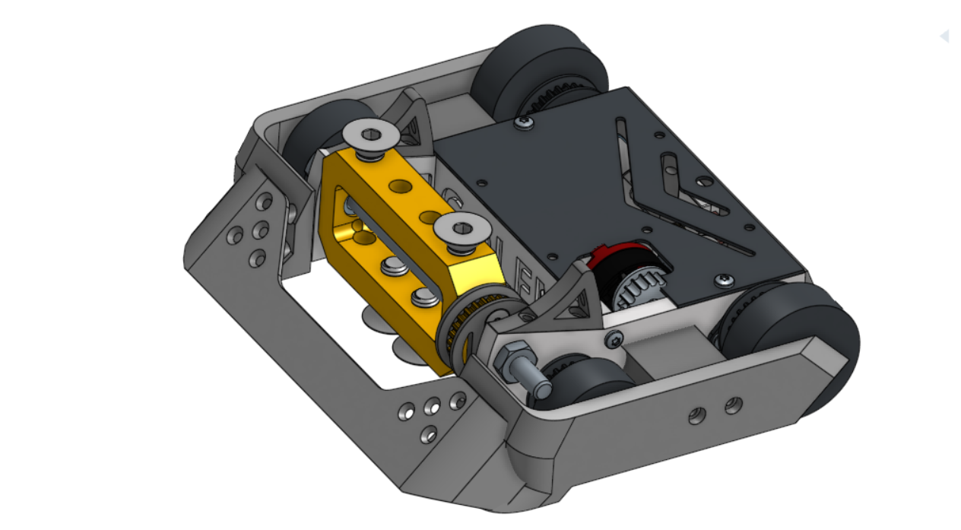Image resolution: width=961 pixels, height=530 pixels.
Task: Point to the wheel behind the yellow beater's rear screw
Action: click(x=323, y=133)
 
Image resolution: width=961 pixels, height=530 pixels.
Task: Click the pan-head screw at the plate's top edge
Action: click(x=523, y=121)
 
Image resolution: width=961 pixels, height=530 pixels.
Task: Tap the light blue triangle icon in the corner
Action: click(x=944, y=36)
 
